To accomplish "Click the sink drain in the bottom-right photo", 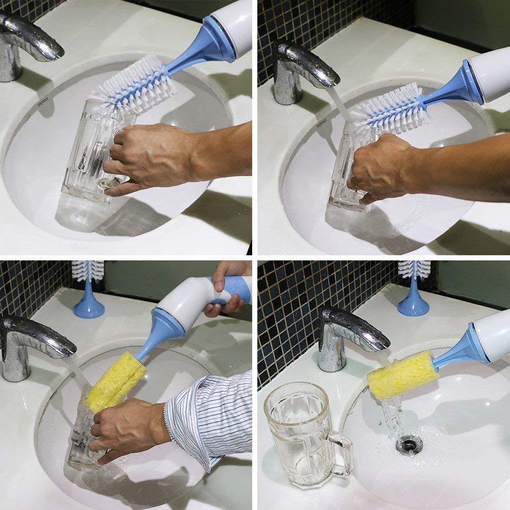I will [x=409, y=444].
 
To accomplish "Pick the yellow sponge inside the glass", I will [x=116, y=382].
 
